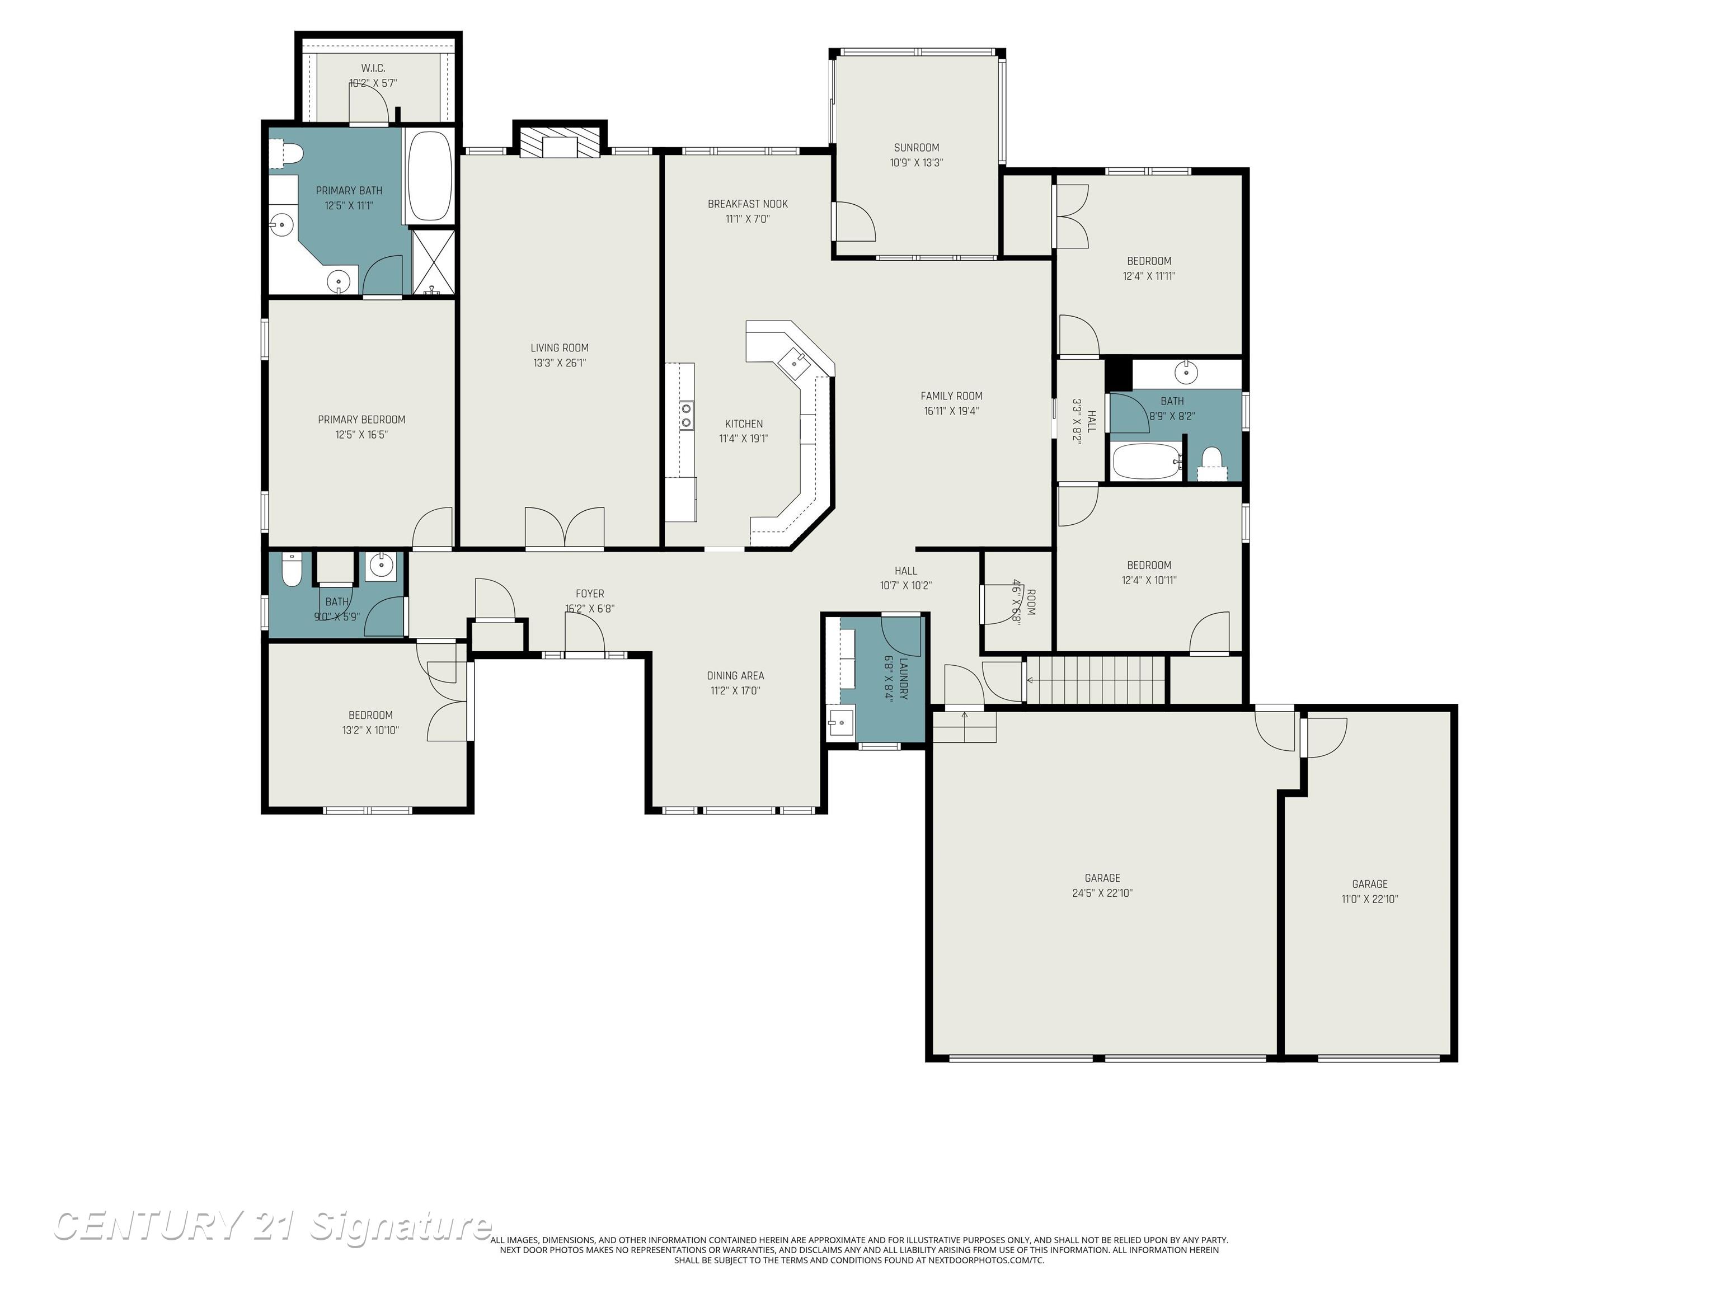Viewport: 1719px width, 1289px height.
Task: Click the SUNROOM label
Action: tap(916, 148)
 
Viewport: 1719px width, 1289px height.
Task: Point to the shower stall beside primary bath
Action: tap(434, 261)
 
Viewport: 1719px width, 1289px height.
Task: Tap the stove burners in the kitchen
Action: tap(686, 416)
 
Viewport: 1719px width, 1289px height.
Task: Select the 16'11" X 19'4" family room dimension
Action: tap(951, 411)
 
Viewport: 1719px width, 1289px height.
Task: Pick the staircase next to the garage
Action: tap(1097, 680)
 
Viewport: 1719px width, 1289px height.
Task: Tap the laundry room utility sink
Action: tap(839, 723)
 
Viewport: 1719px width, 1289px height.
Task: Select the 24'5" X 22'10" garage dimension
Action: tap(1102, 893)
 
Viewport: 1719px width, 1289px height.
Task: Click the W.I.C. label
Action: tap(373, 68)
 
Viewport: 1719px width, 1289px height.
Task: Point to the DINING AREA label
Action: tap(735, 675)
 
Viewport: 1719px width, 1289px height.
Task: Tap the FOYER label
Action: tap(590, 594)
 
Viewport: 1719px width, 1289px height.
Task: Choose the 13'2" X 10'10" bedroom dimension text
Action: tap(370, 730)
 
